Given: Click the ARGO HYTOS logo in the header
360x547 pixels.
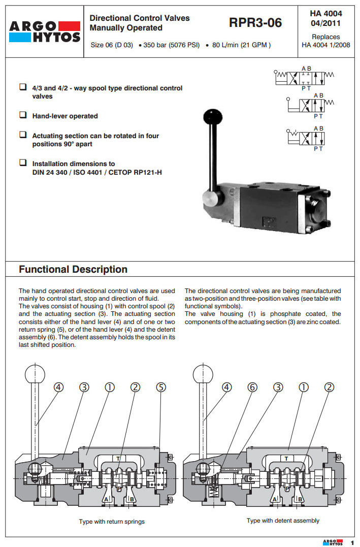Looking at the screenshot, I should coord(45,31).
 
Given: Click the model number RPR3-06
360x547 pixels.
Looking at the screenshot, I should coord(255,23).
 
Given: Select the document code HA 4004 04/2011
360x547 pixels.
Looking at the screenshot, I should coord(325,18).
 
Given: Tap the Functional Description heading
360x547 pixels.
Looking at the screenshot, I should coord(73,269).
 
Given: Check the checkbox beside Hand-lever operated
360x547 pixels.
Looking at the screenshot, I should coord(23,115).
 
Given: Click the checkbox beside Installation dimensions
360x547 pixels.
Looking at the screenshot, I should coord(23,163).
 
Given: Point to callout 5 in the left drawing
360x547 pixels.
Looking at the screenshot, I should coord(161,387).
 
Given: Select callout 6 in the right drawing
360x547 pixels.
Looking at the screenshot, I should coord(252,387).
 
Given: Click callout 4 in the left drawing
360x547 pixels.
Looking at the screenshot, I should coord(59,387).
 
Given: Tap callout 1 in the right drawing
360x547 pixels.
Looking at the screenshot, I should coord(304,387).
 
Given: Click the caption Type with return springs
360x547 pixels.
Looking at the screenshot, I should coord(112,522).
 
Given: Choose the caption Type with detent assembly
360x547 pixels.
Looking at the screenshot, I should coord(283,521).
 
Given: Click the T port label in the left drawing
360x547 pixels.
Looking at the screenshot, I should coord(118,458).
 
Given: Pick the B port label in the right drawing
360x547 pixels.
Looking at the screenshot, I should coord(300,499).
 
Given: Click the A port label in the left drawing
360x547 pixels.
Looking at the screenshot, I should coord(106,499).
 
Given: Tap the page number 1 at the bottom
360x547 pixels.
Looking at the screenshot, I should coord(352,542).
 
